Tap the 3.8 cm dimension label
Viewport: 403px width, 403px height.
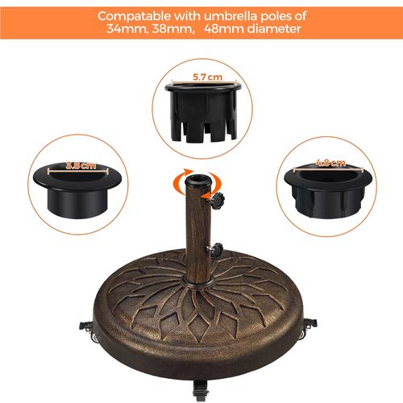tap(81, 165)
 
